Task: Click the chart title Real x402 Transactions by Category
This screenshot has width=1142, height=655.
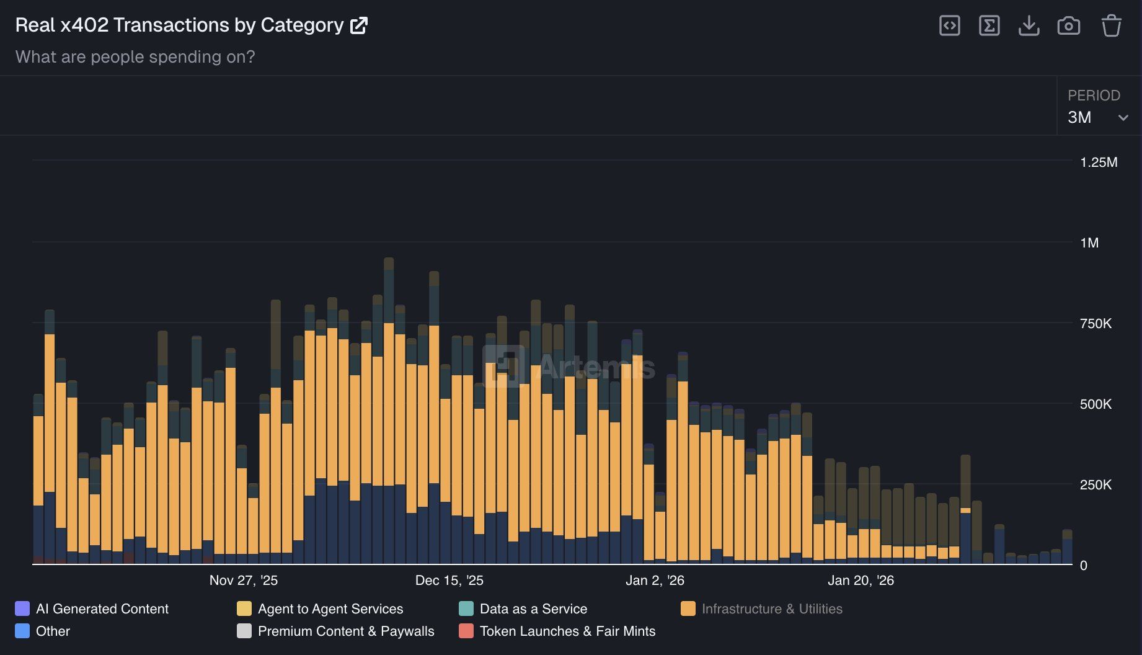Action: [x=179, y=25]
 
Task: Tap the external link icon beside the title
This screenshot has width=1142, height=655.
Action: [x=359, y=25]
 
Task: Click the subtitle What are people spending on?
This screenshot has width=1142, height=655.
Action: [x=135, y=57]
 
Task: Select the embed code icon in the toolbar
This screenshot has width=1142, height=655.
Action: [x=949, y=25]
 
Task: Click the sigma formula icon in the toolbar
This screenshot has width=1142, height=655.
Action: [x=989, y=25]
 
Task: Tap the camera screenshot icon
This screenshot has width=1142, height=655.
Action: [x=1068, y=26]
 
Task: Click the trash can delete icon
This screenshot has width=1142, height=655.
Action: [x=1111, y=25]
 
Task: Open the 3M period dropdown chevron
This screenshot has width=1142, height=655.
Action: [x=1123, y=118]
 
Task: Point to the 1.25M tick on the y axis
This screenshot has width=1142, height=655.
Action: [x=1098, y=163]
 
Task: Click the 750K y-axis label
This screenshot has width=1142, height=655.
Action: [x=1096, y=324]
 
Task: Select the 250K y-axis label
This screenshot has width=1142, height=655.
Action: [x=1096, y=485]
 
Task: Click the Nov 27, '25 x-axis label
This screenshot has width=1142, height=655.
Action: [x=244, y=581]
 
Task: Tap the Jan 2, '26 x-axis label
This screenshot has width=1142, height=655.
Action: [x=655, y=581]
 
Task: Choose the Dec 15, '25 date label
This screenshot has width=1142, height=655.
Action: [x=449, y=581]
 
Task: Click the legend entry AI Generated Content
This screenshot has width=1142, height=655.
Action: [x=102, y=609]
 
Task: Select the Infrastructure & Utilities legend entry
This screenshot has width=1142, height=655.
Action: [x=771, y=609]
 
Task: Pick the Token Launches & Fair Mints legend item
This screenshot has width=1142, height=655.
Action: [x=567, y=631]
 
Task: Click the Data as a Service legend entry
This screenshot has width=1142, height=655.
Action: [x=533, y=609]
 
